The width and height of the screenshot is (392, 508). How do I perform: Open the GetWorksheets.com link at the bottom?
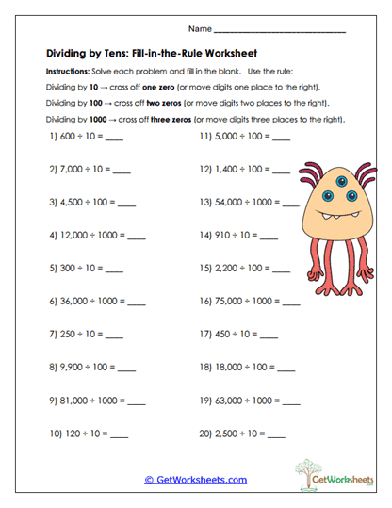point(195,480)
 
